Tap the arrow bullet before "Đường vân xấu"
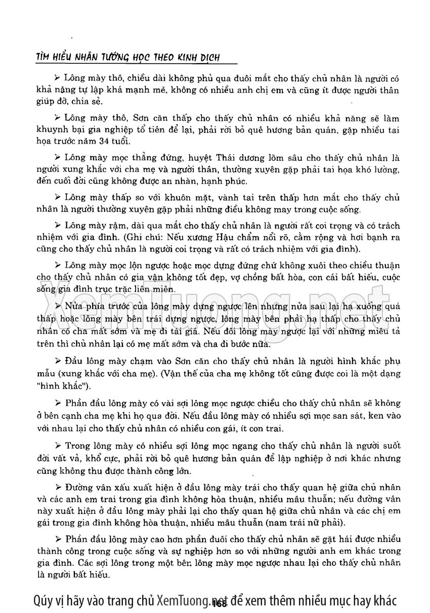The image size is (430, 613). (x=58, y=487)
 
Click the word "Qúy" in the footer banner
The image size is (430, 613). (x=44, y=600)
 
